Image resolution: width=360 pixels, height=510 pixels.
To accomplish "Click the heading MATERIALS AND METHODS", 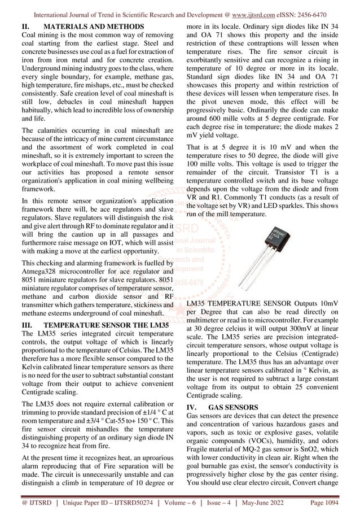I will (94, 27).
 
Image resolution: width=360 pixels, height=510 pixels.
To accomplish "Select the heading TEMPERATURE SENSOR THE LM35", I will (105, 326).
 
